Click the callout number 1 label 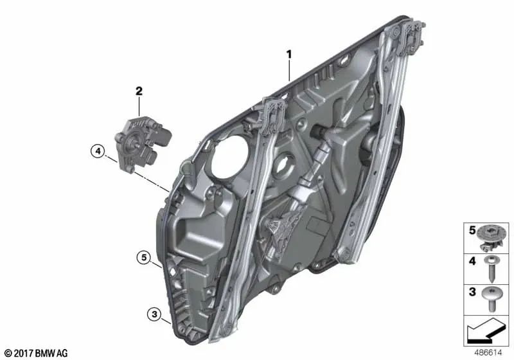(x=289, y=55)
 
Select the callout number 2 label (x=138, y=92)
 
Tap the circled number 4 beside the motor (x=97, y=152)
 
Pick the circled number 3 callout (x=154, y=314)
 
